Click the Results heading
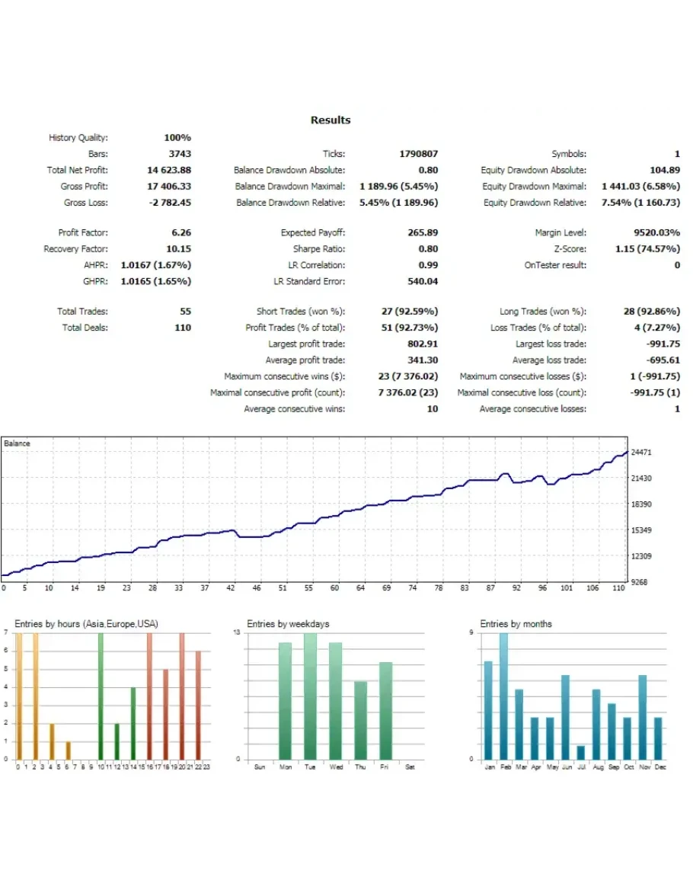[x=331, y=120]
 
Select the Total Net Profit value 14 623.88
[x=169, y=171]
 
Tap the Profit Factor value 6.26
[x=181, y=233]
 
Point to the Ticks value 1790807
[x=419, y=154]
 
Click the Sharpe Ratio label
[x=319, y=249]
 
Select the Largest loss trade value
[x=662, y=344]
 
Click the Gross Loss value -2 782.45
[x=170, y=203]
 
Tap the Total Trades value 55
[x=185, y=312]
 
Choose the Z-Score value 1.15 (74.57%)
[x=647, y=249]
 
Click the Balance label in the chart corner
[x=17, y=443]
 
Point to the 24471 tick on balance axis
[x=641, y=453]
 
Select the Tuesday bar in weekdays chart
[x=310, y=696]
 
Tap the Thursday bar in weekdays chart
[x=360, y=720]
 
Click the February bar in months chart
[x=503, y=696]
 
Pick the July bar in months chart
[x=581, y=752]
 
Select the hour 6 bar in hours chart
[x=67, y=750]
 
